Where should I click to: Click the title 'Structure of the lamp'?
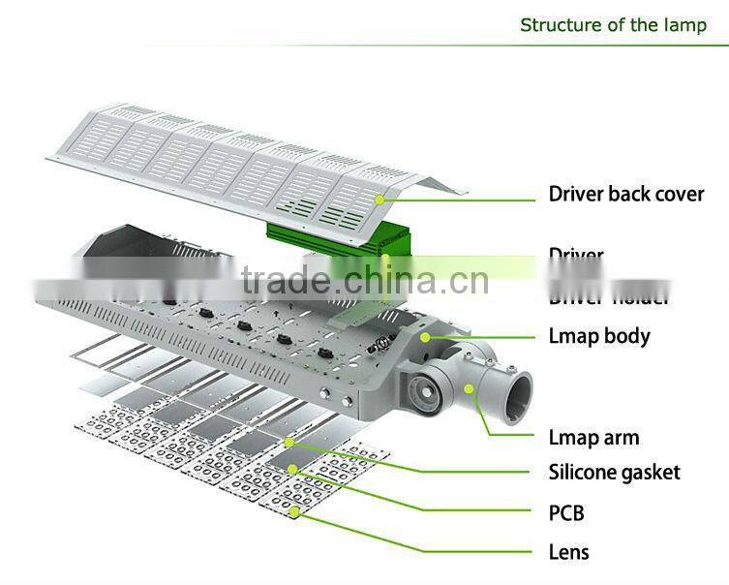613,24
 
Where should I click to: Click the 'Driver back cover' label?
625,193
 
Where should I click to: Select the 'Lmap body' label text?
599,336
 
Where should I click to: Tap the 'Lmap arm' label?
593,437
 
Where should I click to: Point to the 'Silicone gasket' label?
614,473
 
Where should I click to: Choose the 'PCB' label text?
566,512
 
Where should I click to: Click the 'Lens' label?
568,552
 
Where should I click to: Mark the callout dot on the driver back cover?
380,199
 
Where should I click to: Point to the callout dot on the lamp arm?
470,389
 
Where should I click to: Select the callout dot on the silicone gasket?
289,442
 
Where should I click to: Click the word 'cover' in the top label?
677,193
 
